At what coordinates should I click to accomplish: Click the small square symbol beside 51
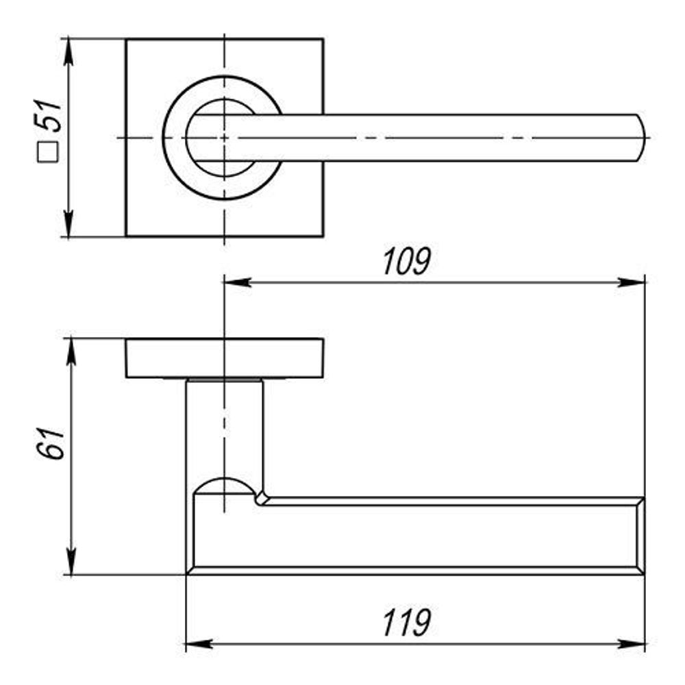(49, 152)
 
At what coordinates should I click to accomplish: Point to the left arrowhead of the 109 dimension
(237, 282)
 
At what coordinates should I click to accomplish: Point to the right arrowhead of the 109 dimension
(633, 282)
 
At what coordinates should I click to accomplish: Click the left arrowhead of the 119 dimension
(199, 644)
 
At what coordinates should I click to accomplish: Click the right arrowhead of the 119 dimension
(633, 644)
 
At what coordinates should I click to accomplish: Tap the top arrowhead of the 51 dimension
(68, 50)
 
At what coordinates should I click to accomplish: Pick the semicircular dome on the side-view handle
(224, 485)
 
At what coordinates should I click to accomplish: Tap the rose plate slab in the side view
(224, 358)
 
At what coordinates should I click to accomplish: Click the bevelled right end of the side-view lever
(640, 535)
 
